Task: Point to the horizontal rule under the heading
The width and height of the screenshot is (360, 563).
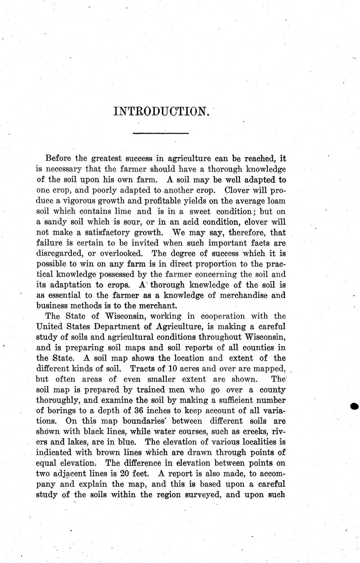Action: [161, 133]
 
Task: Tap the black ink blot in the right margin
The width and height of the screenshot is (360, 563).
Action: [355, 406]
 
